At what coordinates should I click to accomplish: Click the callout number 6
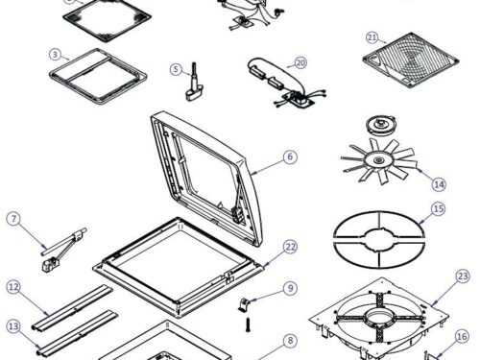[x=290, y=156]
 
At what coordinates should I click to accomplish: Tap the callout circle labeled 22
[x=291, y=247]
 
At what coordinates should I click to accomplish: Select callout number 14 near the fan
[x=439, y=184]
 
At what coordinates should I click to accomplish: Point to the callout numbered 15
[x=438, y=209]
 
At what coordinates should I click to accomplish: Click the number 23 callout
[x=463, y=276]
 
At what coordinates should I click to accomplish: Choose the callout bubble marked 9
[x=290, y=288]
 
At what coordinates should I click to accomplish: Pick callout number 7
[x=13, y=219]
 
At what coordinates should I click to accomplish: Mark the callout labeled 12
[x=13, y=287]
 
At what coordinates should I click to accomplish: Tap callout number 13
[x=13, y=326]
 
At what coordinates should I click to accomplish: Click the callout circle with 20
[x=300, y=63]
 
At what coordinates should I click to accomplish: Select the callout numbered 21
[x=372, y=37]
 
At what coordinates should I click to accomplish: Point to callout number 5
[x=176, y=69]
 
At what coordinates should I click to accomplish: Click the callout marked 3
[x=56, y=55]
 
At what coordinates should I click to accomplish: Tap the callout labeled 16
[x=462, y=337]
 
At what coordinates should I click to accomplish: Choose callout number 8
[x=290, y=340]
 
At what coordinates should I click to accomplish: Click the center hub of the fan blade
[x=377, y=159]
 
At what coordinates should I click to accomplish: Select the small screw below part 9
[x=248, y=324]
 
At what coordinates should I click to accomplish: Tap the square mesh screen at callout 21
[x=411, y=60]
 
